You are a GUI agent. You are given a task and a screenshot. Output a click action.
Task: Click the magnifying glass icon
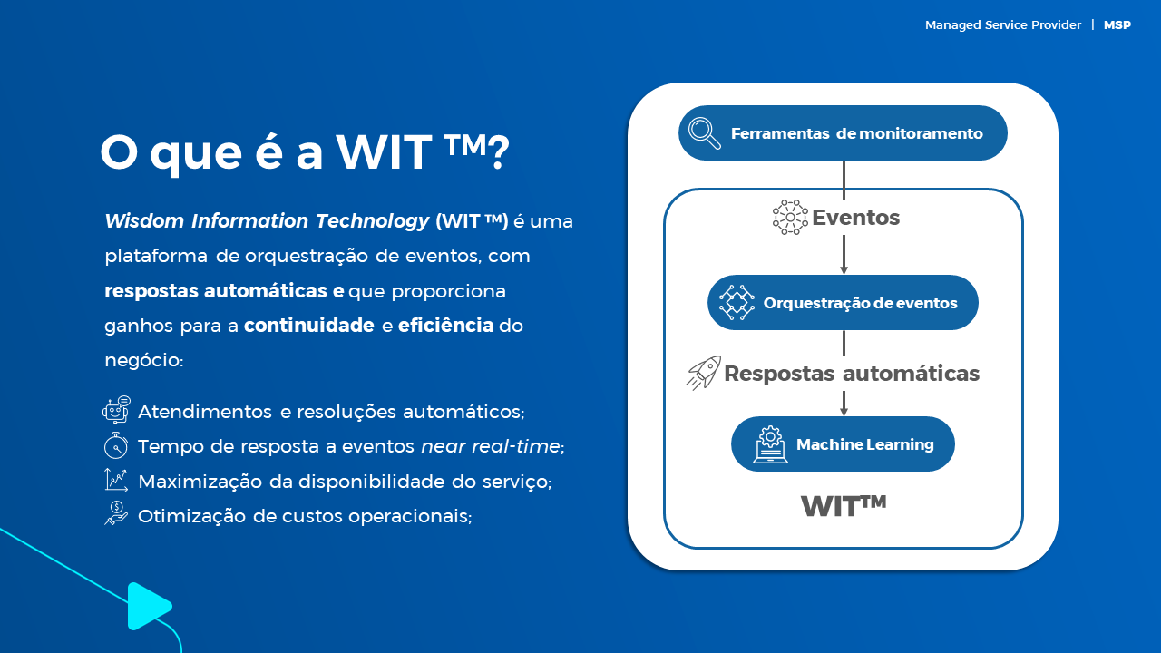tap(705, 133)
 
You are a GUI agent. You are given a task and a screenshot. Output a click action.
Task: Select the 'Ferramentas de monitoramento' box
tap(843, 133)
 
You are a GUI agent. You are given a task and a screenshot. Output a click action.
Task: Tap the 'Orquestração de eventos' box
tap(843, 303)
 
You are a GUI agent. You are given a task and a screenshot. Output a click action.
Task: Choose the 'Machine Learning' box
tap(843, 444)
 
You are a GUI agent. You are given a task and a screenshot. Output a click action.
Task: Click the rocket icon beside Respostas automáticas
tap(703, 373)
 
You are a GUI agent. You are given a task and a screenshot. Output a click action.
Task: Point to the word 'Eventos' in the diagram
tap(855, 218)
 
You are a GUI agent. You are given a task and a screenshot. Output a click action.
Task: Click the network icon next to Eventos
tap(790, 217)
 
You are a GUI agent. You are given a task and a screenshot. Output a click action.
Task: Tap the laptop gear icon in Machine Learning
tap(770, 444)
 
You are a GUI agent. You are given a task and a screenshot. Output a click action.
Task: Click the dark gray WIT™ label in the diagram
tap(844, 506)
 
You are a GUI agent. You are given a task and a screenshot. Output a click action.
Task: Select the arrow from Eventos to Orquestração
tap(844, 255)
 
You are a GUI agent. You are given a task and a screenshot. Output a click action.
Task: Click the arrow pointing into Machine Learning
tap(844, 404)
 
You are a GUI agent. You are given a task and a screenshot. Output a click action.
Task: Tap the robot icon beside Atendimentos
tap(117, 410)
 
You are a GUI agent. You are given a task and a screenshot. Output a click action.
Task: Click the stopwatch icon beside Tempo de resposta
tap(115, 445)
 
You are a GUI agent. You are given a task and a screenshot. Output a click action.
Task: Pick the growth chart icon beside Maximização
tap(116, 480)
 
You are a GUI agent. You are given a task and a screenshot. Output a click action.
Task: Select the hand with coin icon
tap(116, 513)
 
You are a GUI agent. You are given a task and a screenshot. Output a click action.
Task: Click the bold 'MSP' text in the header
tap(1117, 24)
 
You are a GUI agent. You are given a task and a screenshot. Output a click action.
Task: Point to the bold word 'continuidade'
tap(309, 326)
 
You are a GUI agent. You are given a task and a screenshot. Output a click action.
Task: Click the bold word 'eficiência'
tap(445, 326)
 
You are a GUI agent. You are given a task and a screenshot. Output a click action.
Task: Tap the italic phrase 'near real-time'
tap(491, 446)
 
